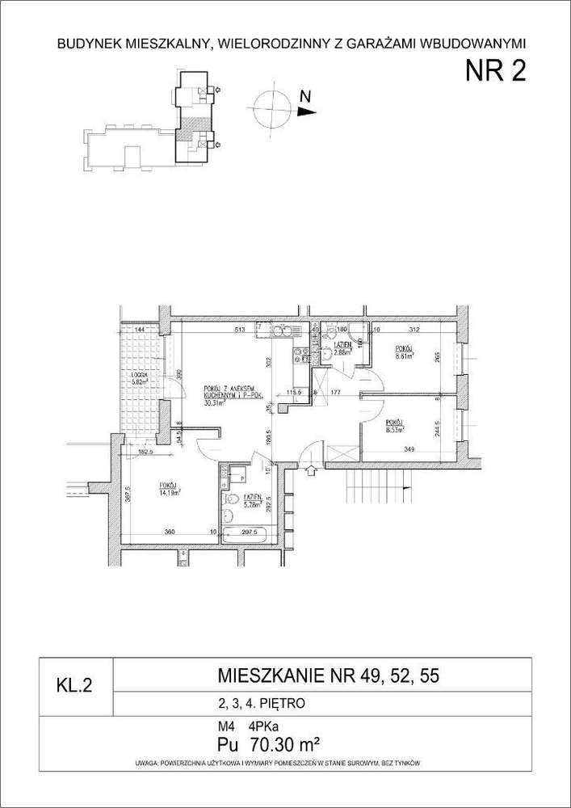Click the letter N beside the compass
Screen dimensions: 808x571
[305, 95]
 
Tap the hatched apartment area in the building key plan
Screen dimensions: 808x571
[188, 128]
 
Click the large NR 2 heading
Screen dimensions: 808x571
[495, 72]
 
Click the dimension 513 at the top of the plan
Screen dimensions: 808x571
[239, 330]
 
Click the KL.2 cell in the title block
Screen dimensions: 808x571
[74, 687]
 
